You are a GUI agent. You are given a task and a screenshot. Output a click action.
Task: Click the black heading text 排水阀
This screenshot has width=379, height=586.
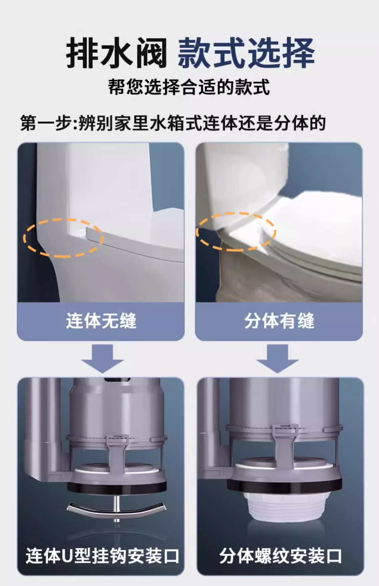click(x=116, y=52)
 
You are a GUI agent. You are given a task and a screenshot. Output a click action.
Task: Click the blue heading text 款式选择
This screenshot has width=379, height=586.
click(x=246, y=52)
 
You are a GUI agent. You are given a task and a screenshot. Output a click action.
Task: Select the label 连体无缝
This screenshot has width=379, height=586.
click(x=101, y=321)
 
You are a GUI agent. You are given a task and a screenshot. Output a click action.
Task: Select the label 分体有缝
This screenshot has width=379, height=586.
click(x=279, y=321)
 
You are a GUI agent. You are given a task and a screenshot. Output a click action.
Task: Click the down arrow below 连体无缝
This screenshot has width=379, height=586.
click(x=102, y=359)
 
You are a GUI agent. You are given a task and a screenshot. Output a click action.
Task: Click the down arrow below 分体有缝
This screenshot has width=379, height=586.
click(x=277, y=359)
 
